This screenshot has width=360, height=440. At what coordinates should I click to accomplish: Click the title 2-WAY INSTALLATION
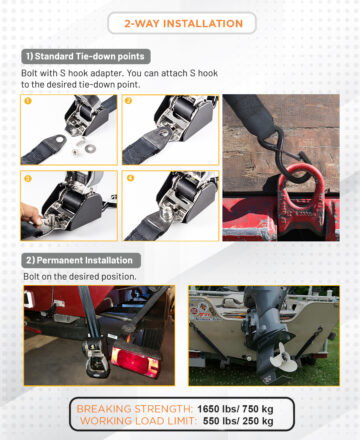point(183,24)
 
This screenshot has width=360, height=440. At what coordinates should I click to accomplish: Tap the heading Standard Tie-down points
point(89,56)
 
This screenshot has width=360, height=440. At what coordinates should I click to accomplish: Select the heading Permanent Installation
point(84,260)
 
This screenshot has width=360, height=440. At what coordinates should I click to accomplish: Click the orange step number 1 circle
point(28,100)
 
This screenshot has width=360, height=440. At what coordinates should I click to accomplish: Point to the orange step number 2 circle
point(128,100)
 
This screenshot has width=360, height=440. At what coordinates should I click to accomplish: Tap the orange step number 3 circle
point(28,178)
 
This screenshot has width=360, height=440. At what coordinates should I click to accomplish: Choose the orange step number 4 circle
point(130,178)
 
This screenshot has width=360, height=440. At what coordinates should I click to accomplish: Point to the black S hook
point(289,157)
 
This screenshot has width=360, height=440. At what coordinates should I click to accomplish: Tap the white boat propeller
point(283,359)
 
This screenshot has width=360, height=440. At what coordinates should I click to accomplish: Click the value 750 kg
point(258,409)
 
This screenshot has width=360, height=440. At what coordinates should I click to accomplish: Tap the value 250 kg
point(258,421)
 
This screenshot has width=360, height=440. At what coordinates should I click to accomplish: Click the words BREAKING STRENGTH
point(133,409)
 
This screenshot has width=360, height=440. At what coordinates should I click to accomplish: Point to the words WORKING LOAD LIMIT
point(137,421)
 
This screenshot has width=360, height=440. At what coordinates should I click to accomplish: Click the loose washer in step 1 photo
point(90,148)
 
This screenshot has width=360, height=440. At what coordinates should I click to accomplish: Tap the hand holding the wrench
point(31,216)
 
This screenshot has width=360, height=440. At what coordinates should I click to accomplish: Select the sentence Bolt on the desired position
point(80,277)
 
